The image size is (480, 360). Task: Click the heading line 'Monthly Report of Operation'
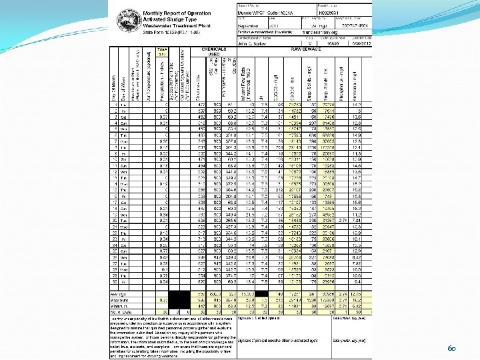tap(177, 13)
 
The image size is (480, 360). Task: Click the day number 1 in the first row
tap(116, 105)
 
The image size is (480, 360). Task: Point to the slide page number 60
tap(450, 347)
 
